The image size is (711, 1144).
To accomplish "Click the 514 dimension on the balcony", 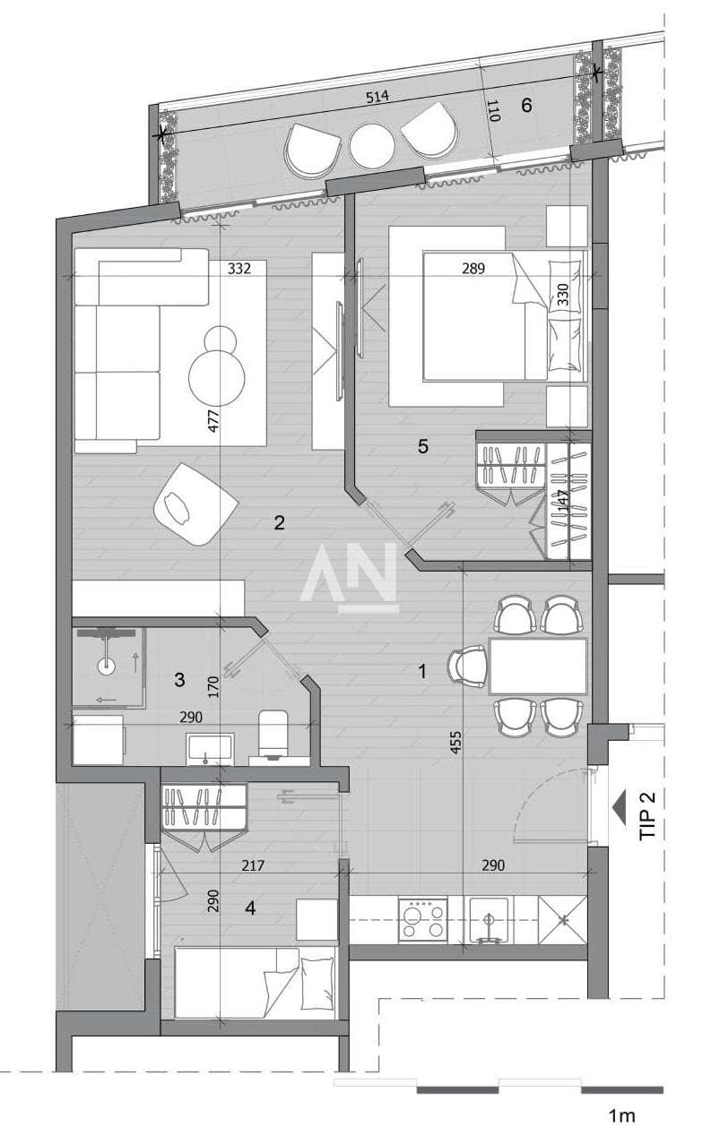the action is [x=377, y=97].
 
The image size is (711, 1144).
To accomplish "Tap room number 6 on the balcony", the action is [x=526, y=105].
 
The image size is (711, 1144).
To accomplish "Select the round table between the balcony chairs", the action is [x=373, y=147].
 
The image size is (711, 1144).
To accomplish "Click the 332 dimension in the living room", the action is [x=239, y=269].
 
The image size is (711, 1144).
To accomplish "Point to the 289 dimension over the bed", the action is [x=473, y=269].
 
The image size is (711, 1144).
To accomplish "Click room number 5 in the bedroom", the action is [x=422, y=446].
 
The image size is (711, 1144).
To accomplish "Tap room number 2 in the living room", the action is [x=279, y=522].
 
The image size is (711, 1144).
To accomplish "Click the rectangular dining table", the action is [x=538, y=666].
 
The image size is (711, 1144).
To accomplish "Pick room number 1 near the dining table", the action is [x=422, y=672].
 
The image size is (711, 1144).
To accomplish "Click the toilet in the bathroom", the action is [x=273, y=734].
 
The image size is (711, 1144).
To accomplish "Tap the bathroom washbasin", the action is [x=210, y=748].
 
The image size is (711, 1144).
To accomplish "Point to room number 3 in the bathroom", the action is [x=179, y=680].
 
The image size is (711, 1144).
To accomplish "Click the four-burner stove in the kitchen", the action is [x=422, y=920].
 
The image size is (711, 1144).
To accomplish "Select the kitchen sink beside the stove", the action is [x=489, y=920].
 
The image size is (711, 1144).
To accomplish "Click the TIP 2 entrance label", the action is [x=647, y=815].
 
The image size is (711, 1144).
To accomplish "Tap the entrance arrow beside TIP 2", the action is [x=619, y=807].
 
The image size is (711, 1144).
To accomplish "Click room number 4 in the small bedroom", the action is [x=250, y=907].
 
